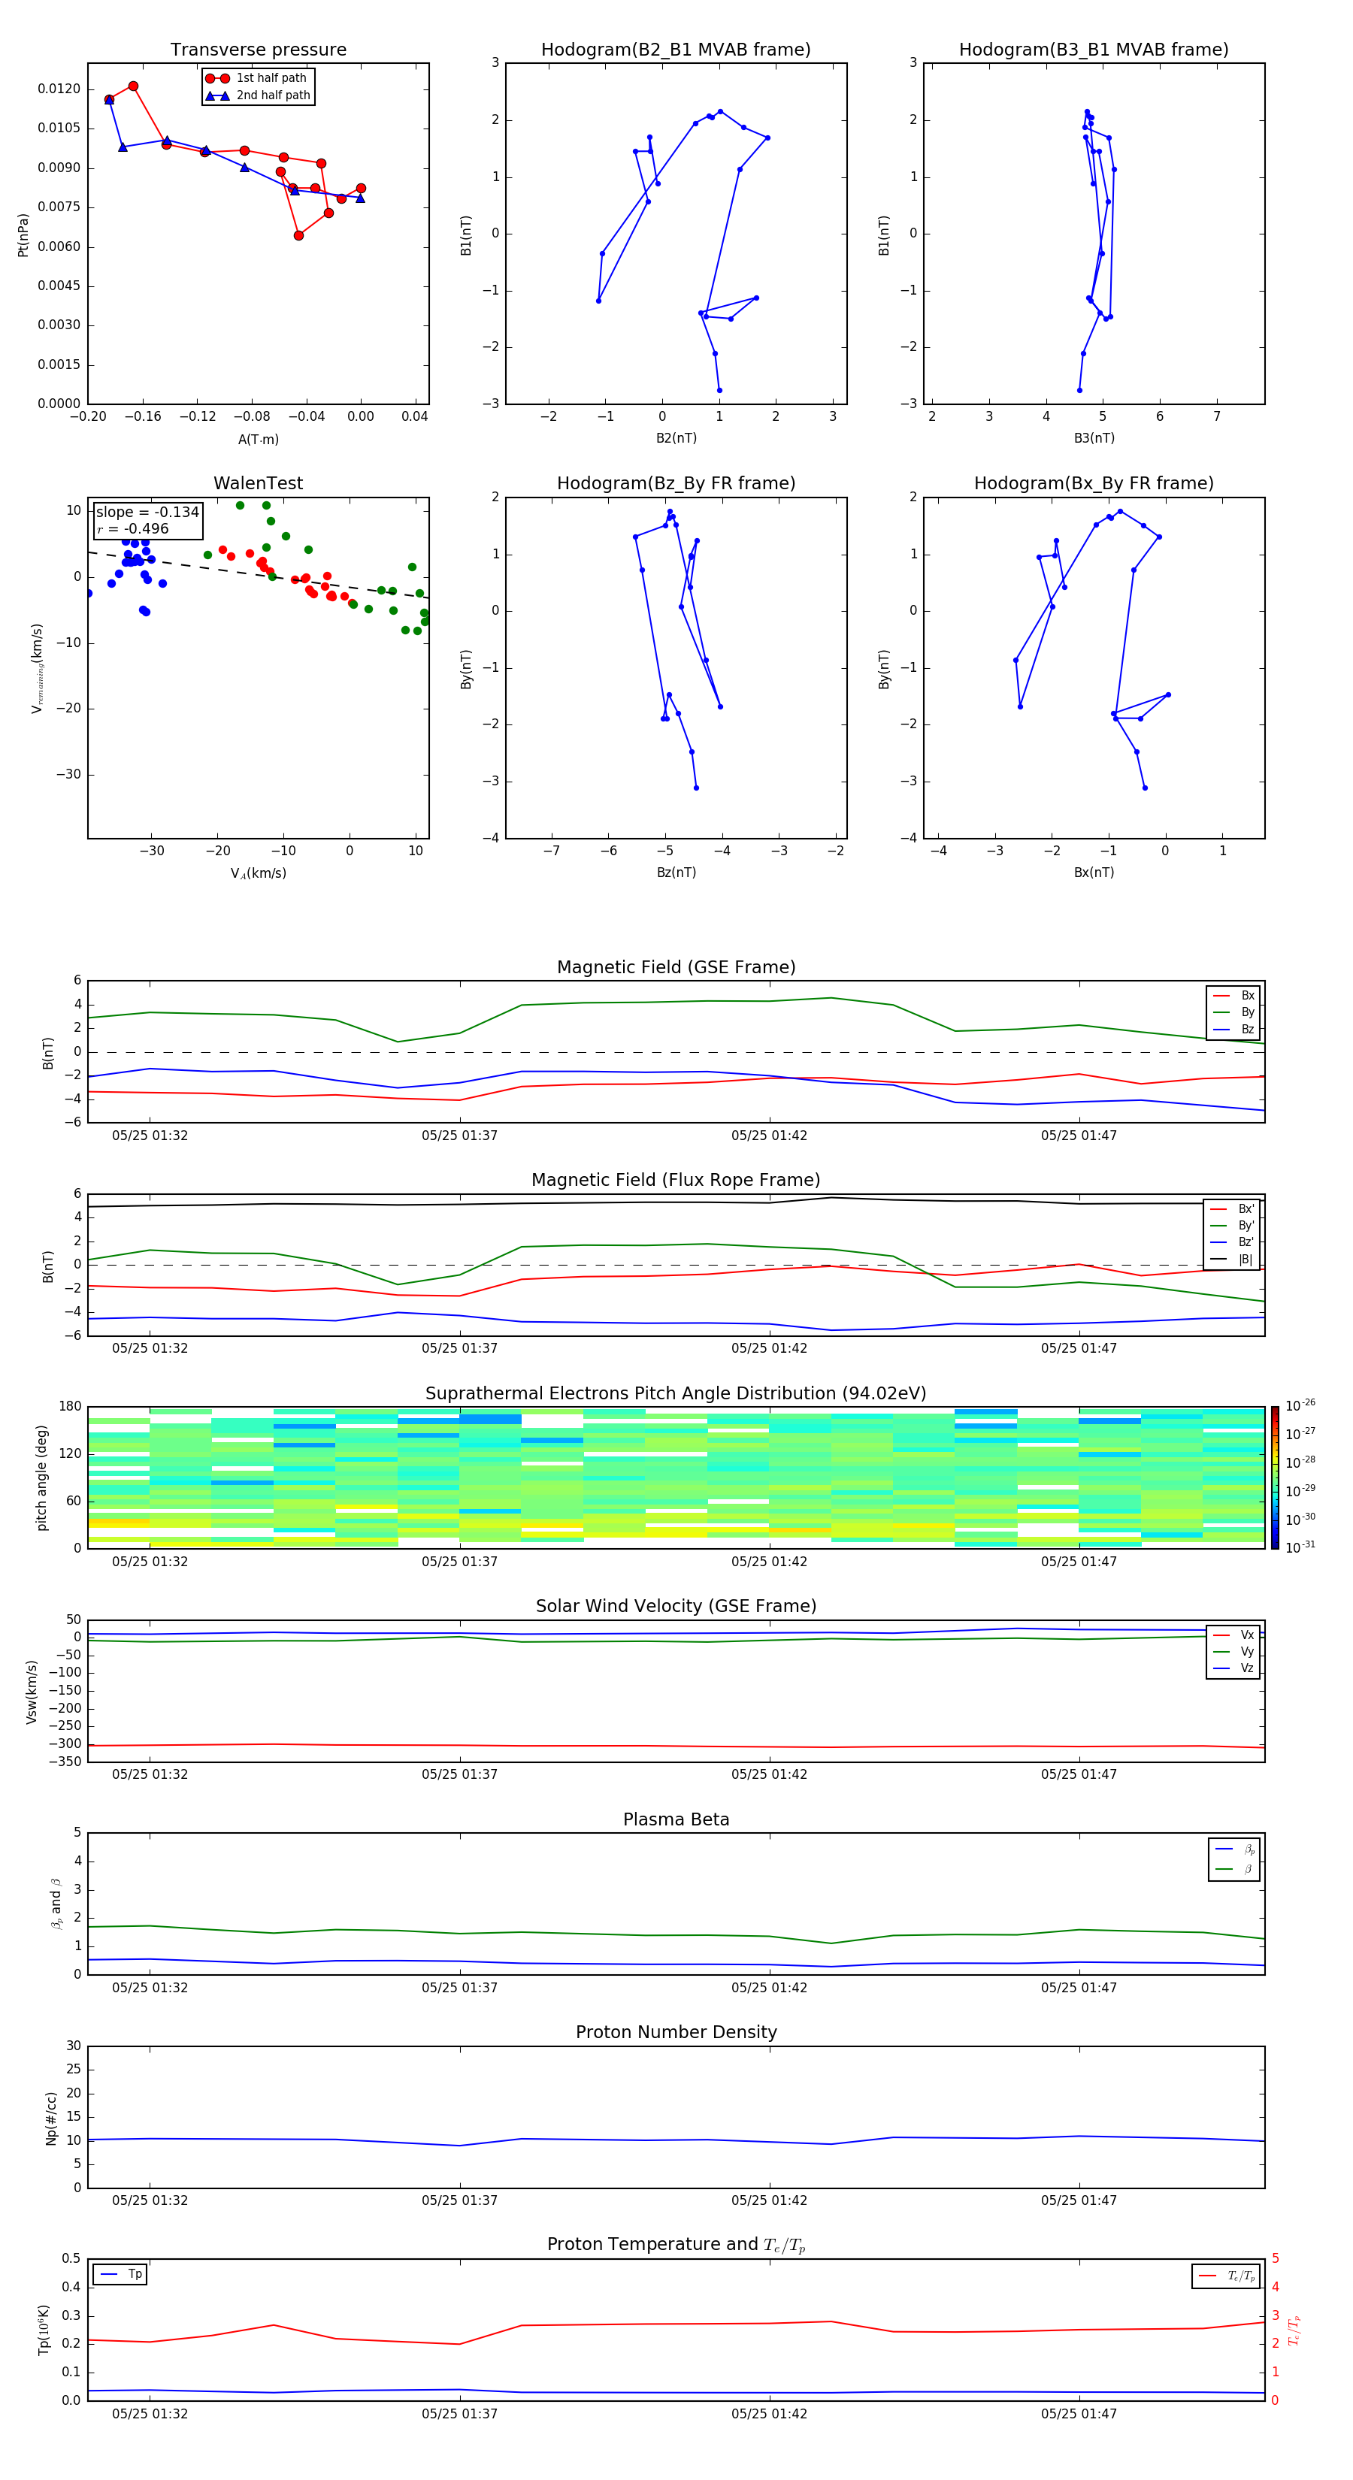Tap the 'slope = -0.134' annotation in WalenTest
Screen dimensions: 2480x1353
click(147, 513)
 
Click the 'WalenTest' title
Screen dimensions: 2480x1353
click(258, 483)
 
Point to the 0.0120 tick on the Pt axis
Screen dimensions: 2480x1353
click(59, 89)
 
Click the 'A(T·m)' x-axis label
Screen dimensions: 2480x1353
click(258, 440)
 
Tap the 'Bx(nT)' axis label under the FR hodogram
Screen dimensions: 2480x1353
click(1093, 873)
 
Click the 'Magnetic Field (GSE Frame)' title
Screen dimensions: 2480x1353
click(676, 967)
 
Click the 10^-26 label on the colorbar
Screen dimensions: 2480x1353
click(1300, 1405)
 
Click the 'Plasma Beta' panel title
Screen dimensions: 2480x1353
click(676, 1819)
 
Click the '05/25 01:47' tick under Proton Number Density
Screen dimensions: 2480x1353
click(1079, 2200)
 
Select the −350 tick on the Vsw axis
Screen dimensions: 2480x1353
click(65, 1762)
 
